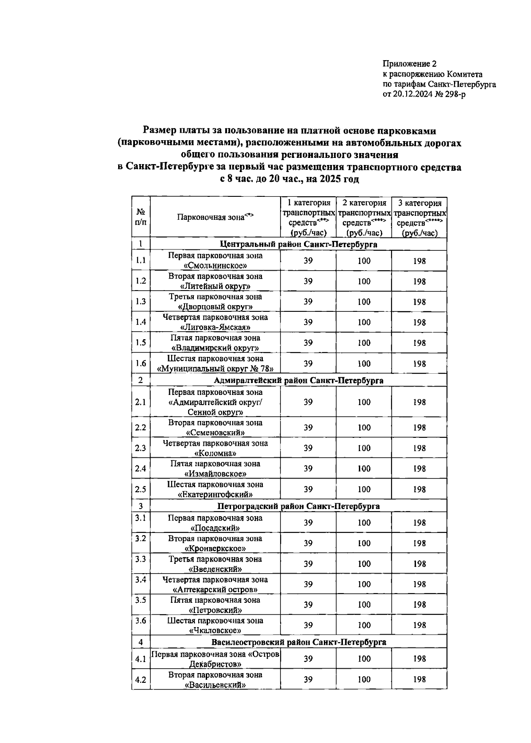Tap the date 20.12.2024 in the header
pos(412,94)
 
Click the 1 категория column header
pos(308,203)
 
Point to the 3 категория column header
pos(419,203)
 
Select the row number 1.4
pos(141,322)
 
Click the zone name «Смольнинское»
pos(215,266)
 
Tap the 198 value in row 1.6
pos(419,364)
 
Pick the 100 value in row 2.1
pos(364,402)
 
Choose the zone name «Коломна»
pos(215,453)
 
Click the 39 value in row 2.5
pos(308,489)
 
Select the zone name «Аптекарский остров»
pos(215,590)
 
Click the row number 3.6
pos(141,620)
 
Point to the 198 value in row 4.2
pos(419,679)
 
